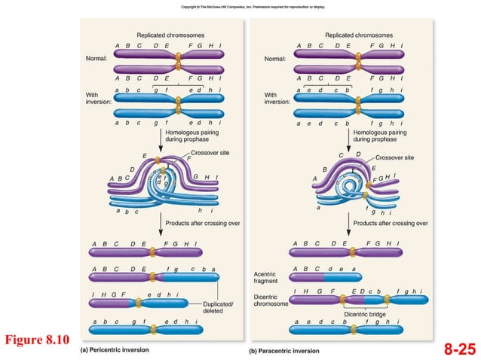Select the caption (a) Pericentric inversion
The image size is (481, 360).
coord(115,349)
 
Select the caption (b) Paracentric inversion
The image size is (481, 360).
coord(284,350)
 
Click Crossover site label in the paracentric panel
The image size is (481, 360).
coord(394,157)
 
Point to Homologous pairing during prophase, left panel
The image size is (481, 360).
coord(195,136)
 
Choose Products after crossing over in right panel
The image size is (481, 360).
coord(390,223)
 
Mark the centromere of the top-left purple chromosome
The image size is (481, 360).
coord(179,56)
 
